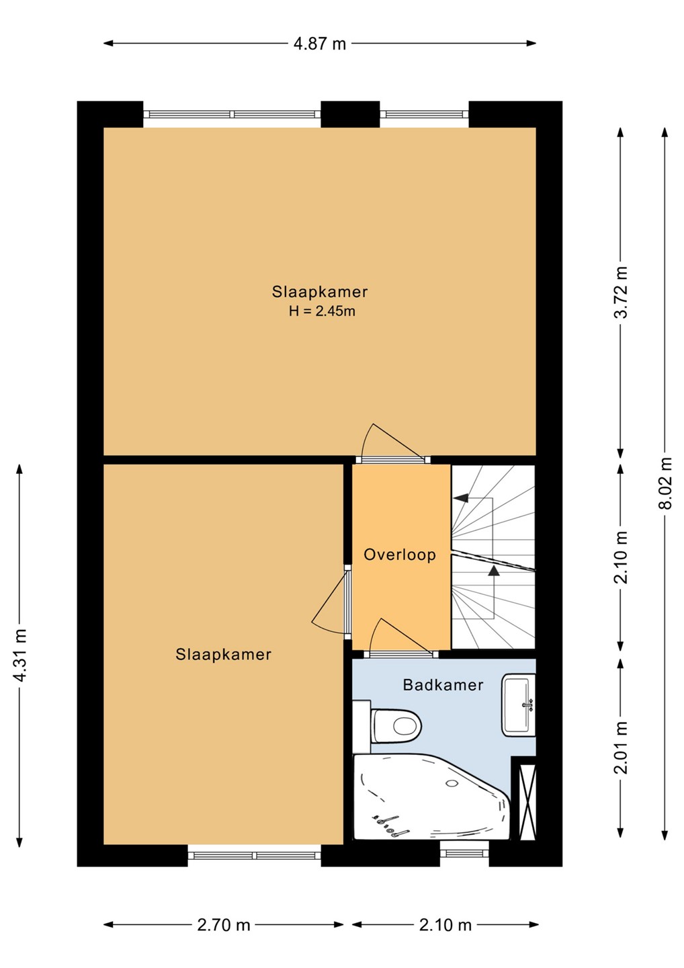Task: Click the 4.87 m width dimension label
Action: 320,44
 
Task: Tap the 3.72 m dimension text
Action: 621,292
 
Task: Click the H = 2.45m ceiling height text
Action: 322,311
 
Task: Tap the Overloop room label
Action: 399,555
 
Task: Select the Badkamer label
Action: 443,685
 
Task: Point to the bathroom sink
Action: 518,704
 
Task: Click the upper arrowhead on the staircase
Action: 460,498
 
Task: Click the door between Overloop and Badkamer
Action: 402,639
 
